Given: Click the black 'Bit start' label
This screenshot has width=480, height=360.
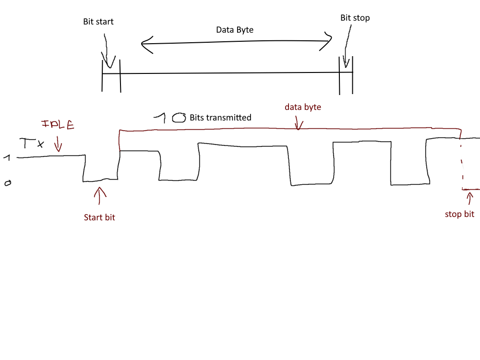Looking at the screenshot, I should click(x=98, y=22).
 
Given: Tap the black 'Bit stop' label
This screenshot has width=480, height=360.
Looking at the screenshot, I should click(x=355, y=18).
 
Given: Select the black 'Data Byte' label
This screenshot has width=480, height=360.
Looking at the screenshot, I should click(x=235, y=30).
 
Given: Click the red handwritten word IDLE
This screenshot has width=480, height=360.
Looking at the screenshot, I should click(x=58, y=126).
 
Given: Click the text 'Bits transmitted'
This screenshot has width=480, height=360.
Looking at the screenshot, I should click(x=220, y=117).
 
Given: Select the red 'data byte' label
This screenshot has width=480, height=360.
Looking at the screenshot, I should click(x=302, y=107).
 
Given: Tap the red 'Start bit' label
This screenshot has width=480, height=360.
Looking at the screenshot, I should click(x=99, y=217).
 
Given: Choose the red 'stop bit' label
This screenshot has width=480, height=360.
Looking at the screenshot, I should click(x=459, y=214).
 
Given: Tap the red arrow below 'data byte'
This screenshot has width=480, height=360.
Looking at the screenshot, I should click(x=299, y=124).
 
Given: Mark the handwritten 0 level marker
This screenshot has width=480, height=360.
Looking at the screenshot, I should click(x=7, y=183).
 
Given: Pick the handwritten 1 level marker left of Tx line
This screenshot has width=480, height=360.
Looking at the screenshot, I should click(x=7, y=157).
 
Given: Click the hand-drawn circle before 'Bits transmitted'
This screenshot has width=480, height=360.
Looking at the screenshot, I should click(x=179, y=118).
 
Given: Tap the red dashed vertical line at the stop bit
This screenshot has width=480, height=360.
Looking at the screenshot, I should click(x=462, y=163).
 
